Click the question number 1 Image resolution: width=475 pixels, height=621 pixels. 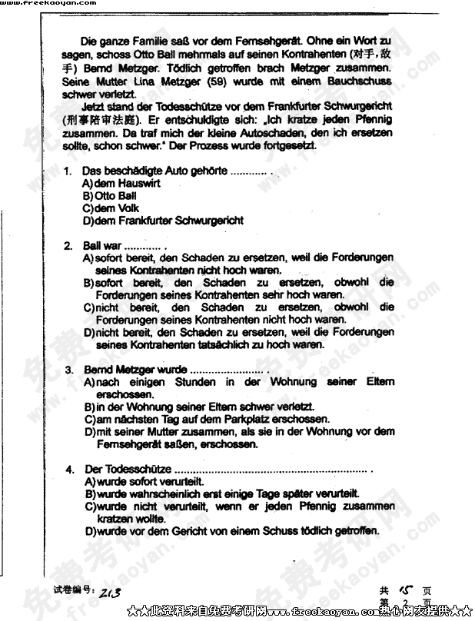click(68, 171)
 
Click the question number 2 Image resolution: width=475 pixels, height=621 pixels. click(68, 246)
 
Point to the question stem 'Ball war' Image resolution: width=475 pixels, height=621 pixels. click(102, 246)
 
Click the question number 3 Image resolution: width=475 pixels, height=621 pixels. click(68, 370)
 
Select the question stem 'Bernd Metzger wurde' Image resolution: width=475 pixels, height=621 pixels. click(135, 370)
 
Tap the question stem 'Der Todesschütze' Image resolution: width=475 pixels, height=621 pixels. click(128, 469)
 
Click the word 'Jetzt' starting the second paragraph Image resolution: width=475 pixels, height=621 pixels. click(95, 106)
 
